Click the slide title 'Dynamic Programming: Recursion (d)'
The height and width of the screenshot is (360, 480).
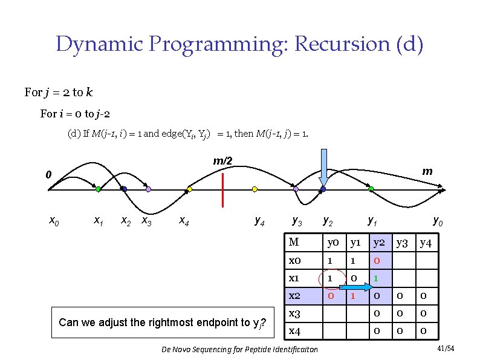tap(239, 44)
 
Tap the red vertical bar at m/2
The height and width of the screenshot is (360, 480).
tap(222, 189)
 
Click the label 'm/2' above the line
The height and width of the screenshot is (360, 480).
tap(222, 162)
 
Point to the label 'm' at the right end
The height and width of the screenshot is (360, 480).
tap(427, 171)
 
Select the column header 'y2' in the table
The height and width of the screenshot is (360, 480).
tap(379, 243)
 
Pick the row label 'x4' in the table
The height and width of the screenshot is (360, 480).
tap(296, 331)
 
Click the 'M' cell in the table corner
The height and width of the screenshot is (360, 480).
tap(294, 243)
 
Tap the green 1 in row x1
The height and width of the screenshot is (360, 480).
tap(375, 279)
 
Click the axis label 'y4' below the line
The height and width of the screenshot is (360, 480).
tap(259, 221)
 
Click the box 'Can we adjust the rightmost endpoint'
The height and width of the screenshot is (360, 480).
tap(163, 321)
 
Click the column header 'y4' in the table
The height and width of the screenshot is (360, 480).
tap(426, 243)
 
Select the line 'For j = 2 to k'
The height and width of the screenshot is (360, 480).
tap(59, 93)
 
